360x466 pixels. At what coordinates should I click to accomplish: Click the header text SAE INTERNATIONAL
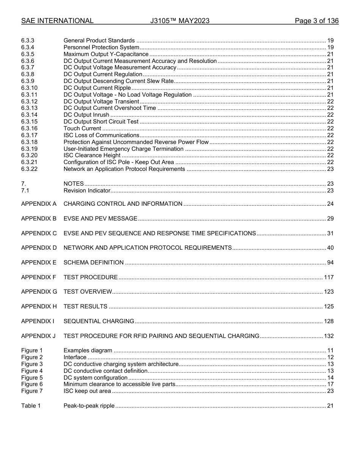[x=57, y=21]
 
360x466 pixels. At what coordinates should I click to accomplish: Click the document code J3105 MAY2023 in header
[x=180, y=21]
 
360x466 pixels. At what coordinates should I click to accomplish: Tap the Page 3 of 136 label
[x=316, y=21]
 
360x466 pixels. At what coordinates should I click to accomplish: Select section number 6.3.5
[x=28, y=54]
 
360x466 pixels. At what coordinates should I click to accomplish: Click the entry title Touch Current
[x=82, y=128]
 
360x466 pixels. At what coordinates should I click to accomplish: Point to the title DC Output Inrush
[x=86, y=115]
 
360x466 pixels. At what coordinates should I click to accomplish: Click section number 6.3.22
[x=29, y=169]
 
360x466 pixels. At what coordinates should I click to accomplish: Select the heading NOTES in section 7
[x=74, y=184]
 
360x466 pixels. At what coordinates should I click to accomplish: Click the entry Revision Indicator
[x=87, y=191]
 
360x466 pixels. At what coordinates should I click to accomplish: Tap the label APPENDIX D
[x=39, y=248]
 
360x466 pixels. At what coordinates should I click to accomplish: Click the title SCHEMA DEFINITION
[x=94, y=263]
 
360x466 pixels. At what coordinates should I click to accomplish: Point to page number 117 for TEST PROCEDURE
[x=329, y=277]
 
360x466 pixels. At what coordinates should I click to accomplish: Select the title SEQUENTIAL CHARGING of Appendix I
[x=99, y=321]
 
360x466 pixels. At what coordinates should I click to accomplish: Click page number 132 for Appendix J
[x=329, y=336]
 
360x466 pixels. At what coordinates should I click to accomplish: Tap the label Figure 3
[x=32, y=364]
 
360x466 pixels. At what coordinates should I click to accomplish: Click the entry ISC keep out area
[x=87, y=391]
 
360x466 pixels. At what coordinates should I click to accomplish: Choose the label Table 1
[x=31, y=406]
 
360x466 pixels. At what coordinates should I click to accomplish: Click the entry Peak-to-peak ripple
[x=89, y=406]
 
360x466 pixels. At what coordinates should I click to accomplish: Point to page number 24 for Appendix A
[x=330, y=204]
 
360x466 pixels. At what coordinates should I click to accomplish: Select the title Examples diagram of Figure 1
[x=88, y=350]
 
